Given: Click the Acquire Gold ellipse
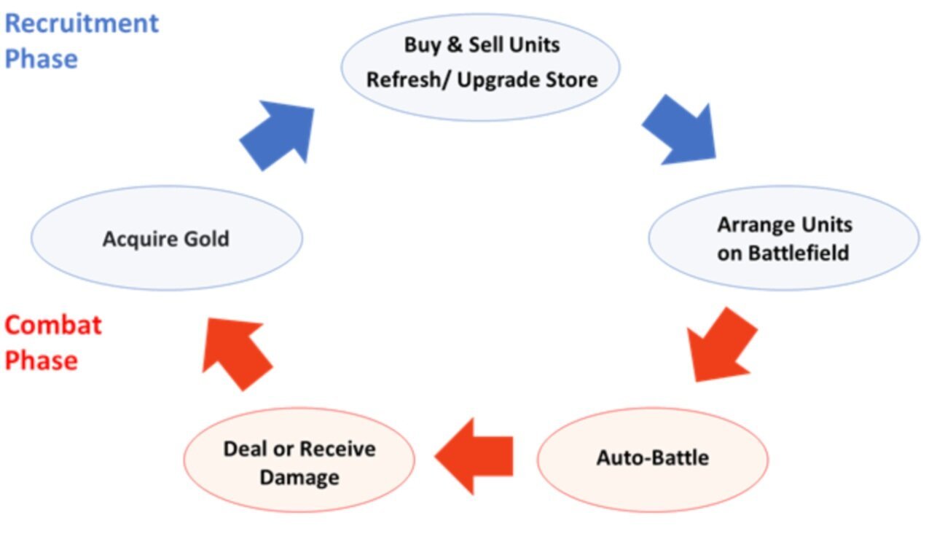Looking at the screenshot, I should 166,238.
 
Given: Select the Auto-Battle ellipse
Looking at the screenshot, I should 652,458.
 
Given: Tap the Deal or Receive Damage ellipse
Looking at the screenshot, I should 299,462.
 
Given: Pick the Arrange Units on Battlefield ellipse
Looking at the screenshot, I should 783,237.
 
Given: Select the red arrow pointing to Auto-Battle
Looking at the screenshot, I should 721,344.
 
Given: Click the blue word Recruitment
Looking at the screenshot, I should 82,23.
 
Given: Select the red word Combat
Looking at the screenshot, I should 53,325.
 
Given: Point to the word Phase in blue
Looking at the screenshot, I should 41,58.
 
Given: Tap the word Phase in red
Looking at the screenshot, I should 41,361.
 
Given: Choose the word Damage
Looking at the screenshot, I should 299,478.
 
